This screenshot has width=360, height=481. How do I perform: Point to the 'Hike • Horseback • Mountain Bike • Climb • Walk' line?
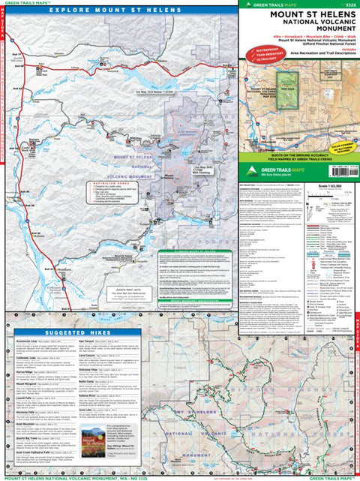[x=299, y=35]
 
